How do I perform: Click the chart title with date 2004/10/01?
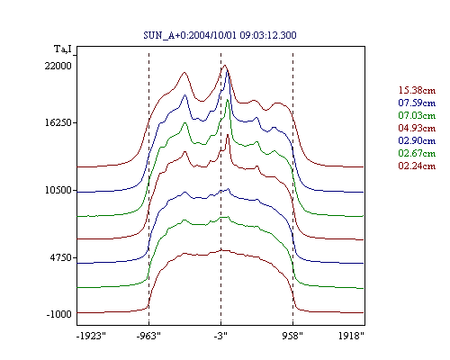(x=220, y=35)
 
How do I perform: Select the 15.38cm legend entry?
(x=417, y=90)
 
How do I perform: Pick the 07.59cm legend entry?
(x=417, y=103)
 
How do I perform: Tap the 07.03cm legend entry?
(x=417, y=115)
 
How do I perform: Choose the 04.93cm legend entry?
(x=417, y=128)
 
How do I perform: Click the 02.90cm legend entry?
(x=417, y=140)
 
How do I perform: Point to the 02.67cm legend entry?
(x=417, y=153)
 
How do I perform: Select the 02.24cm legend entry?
(x=417, y=166)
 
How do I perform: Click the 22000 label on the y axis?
(x=58, y=66)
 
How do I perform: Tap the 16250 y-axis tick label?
(x=58, y=122)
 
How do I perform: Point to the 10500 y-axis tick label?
(x=58, y=190)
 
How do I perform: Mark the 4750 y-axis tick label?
(x=61, y=257)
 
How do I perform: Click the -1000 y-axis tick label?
(x=59, y=314)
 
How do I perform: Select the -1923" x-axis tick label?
(x=92, y=336)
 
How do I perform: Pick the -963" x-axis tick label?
(x=148, y=336)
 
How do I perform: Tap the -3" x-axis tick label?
(x=220, y=336)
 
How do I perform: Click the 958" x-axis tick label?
(x=292, y=336)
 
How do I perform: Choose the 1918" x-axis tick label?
(x=351, y=336)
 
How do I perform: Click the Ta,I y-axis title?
(x=63, y=49)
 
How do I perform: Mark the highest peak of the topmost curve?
(x=225, y=65)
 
